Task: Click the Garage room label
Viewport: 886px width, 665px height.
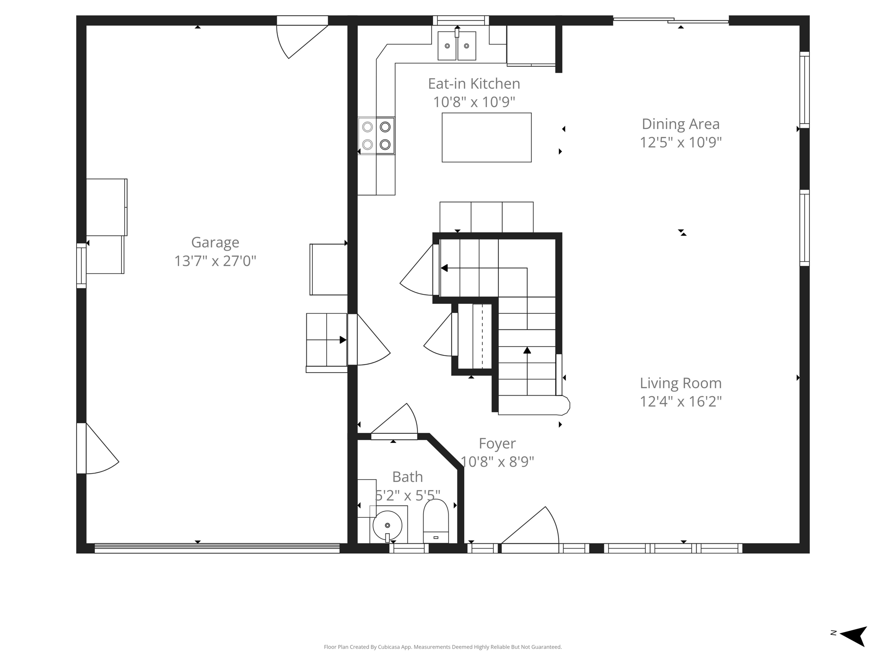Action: [215, 242]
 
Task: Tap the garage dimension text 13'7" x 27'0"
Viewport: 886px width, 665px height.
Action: [215, 261]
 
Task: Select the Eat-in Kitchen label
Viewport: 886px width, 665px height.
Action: [474, 84]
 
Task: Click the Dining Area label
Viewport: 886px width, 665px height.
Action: [681, 124]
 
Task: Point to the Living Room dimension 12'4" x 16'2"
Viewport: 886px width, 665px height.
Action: [681, 402]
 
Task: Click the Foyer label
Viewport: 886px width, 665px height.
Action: [497, 444]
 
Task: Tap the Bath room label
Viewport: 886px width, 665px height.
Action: [407, 477]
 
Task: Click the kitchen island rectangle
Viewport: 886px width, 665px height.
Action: [486, 138]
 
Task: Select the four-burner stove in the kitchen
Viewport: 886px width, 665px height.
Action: [376, 136]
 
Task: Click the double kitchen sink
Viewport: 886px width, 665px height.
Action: [457, 45]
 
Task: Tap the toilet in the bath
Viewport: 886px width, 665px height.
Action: [436, 521]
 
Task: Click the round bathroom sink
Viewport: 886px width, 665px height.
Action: [388, 526]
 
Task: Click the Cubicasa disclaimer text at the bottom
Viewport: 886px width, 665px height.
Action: [443, 647]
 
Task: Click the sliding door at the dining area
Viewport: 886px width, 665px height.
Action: [671, 20]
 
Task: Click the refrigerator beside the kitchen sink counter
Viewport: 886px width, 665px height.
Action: [531, 45]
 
